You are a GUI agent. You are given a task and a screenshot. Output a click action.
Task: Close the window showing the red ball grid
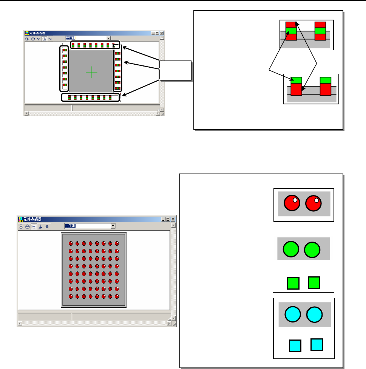point(173,219)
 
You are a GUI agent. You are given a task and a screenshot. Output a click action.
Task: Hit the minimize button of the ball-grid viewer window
point(164,219)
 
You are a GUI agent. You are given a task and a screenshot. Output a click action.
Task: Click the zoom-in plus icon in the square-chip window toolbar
point(27,39)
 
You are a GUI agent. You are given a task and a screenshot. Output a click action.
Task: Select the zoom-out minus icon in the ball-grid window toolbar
point(28,226)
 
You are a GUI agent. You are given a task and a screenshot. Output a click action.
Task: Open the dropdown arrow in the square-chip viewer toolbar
point(108,38)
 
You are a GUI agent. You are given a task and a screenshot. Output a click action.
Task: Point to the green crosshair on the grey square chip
point(91,71)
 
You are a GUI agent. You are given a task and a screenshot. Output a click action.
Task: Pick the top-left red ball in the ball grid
point(71,243)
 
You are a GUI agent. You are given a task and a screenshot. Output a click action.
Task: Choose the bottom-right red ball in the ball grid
point(116,296)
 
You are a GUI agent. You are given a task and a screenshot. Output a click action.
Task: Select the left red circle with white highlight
point(292,203)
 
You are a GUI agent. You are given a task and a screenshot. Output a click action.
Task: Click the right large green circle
point(312,250)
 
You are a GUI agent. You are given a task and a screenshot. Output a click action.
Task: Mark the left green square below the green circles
point(293,283)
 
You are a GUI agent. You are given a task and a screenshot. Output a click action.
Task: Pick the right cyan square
point(316,344)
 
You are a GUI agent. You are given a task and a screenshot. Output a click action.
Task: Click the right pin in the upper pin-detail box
point(320,31)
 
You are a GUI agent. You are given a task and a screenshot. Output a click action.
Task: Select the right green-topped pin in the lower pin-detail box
point(325,86)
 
